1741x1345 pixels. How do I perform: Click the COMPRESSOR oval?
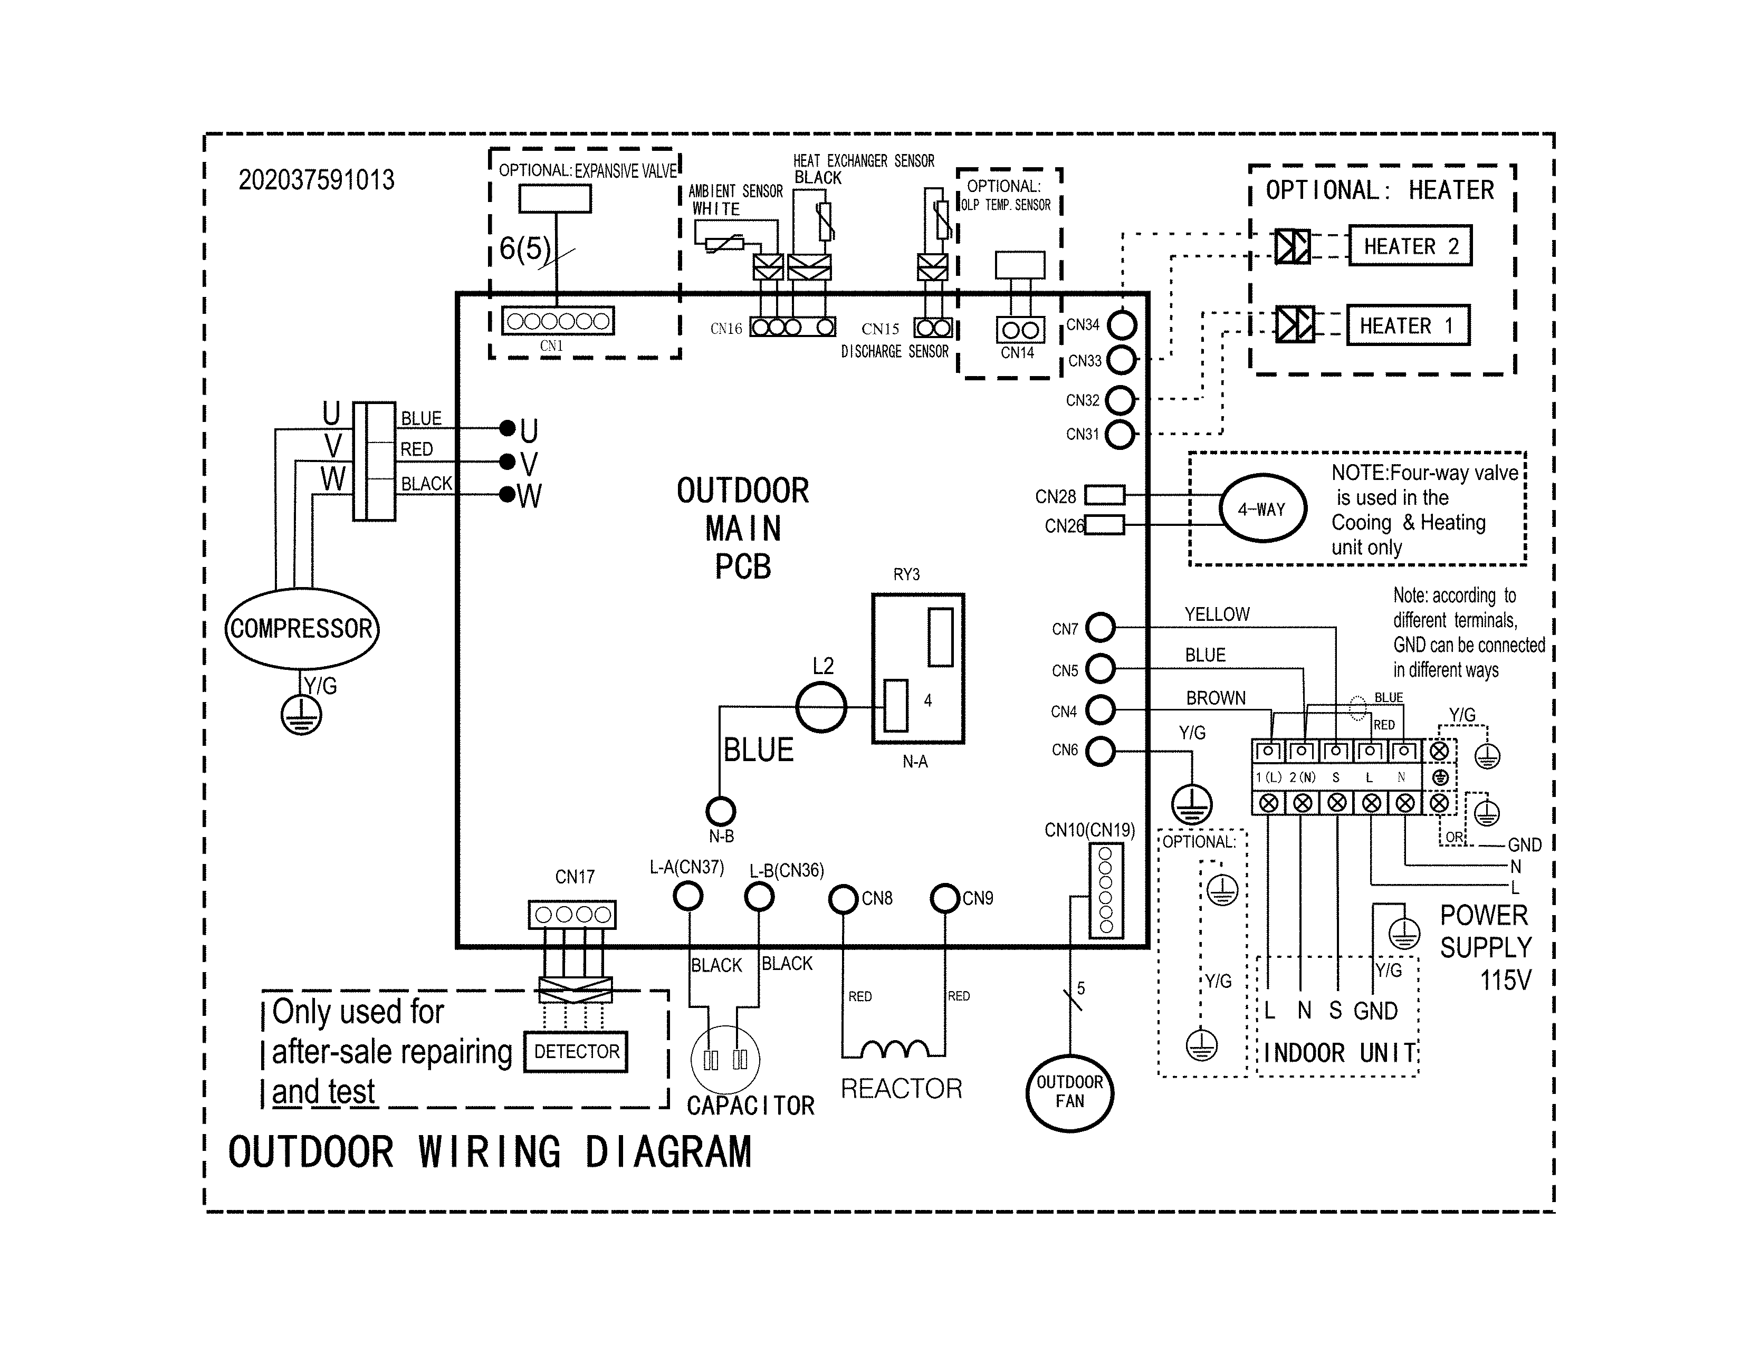pos(301,629)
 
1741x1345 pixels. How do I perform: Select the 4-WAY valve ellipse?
pos(1262,508)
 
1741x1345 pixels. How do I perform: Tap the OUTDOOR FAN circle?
pos(1069,1092)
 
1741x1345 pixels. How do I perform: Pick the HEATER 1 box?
pos(1407,325)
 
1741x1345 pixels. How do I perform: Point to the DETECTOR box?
pos(576,1052)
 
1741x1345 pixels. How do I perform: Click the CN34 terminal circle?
pos(1122,325)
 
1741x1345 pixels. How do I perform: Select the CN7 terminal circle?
pos(1100,628)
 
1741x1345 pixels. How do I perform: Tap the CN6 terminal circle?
pos(1100,751)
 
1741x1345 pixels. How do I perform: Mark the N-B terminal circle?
pos(721,811)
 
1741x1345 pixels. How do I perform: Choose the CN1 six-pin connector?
pos(558,321)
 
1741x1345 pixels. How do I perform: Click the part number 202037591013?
pos(317,180)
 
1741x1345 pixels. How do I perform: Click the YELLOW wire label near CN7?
pos(1217,614)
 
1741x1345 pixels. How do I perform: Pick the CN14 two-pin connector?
pos(1020,330)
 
